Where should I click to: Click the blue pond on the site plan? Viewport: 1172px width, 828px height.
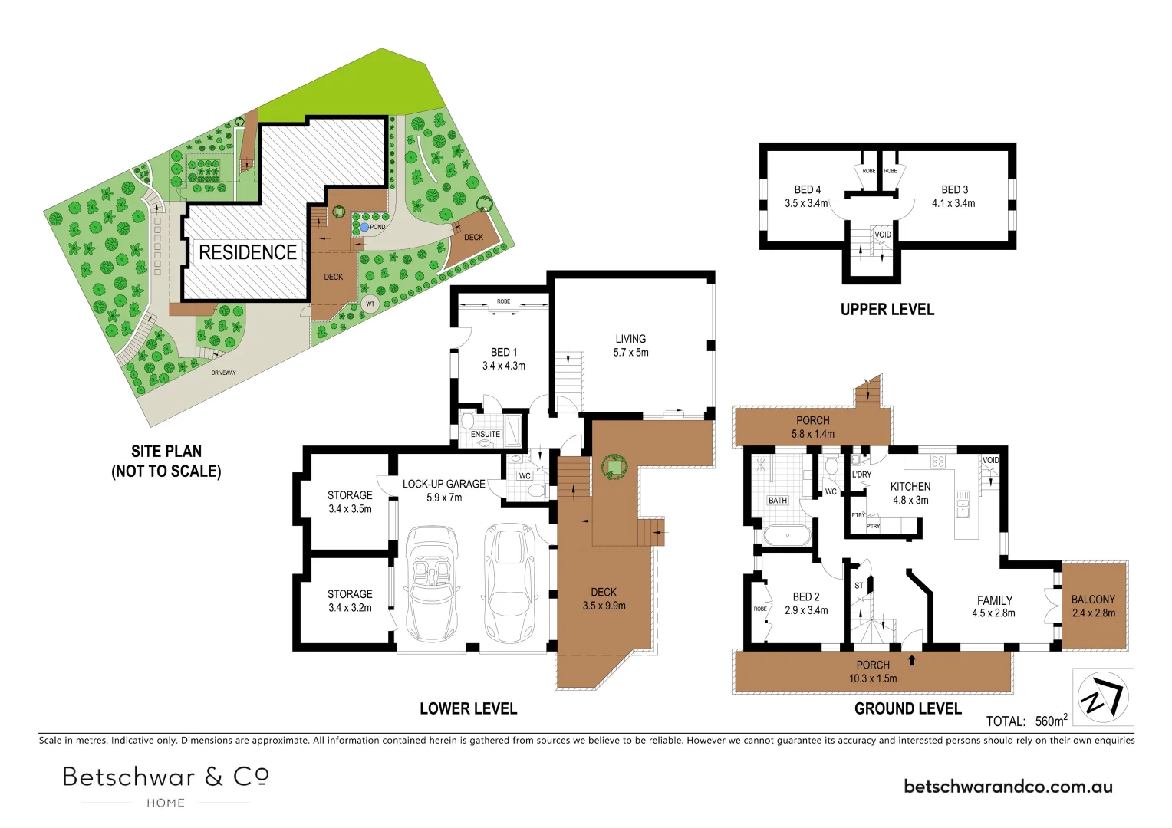point(364,228)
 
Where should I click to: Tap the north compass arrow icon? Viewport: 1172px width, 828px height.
point(1103,697)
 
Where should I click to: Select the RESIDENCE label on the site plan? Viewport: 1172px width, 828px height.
point(247,252)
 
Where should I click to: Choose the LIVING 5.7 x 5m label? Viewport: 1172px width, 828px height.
point(630,346)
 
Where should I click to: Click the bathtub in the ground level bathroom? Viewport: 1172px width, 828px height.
point(787,535)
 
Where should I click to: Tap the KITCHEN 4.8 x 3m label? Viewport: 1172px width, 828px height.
point(910,493)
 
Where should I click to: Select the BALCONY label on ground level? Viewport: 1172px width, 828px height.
point(1093,606)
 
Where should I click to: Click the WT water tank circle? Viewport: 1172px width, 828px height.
point(370,304)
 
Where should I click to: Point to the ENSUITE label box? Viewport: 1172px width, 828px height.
point(486,434)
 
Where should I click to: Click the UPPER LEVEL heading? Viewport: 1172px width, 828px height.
point(887,310)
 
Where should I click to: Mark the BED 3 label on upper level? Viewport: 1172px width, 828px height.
point(954,196)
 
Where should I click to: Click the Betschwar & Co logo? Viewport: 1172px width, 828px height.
point(166,785)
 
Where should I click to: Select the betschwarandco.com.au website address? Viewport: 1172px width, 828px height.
point(1008,787)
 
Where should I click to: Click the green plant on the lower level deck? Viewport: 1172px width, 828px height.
point(614,466)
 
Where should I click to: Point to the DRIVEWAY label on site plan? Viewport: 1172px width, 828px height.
point(224,373)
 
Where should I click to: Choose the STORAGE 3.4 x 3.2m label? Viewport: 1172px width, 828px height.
point(350,600)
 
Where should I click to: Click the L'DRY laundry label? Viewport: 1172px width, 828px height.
point(861,475)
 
